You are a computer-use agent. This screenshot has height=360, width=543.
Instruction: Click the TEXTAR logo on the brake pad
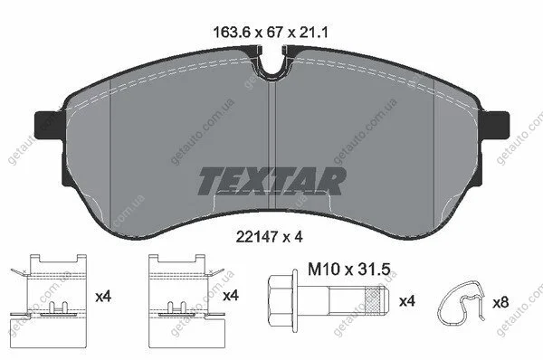pyautogui.click(x=272, y=181)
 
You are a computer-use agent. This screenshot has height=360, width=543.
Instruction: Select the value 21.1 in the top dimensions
pyautogui.click(x=313, y=33)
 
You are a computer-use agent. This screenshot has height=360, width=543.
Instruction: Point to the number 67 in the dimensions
pyautogui.click(x=275, y=33)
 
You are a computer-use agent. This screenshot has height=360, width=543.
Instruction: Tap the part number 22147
pyautogui.click(x=257, y=237)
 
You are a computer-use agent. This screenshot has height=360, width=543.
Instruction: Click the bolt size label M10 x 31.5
pyautogui.click(x=349, y=269)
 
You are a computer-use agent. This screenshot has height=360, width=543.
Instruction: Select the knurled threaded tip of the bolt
pyautogui.click(x=376, y=301)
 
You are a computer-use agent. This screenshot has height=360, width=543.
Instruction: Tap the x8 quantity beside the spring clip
pyautogui.click(x=500, y=303)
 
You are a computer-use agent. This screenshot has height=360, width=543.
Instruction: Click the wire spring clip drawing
pyautogui.click(x=461, y=302)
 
